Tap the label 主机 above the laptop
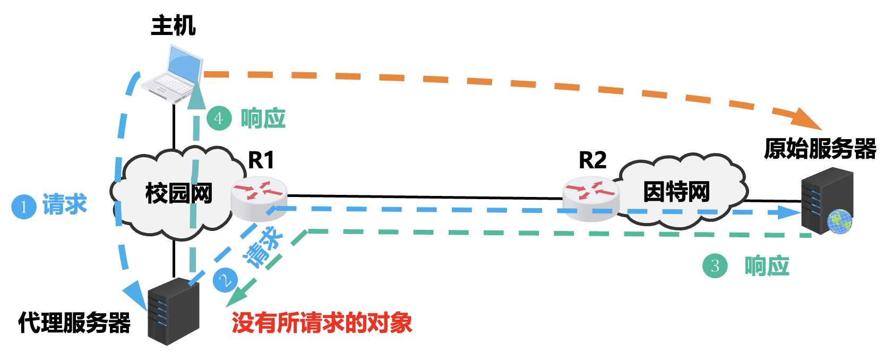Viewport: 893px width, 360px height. pos(173,25)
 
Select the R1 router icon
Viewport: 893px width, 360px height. pos(259,200)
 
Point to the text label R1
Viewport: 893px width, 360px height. pos(261,160)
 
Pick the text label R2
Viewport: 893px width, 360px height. pos(592,160)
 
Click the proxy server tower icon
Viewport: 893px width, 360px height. pos(173,311)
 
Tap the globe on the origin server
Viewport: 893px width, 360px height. pos(839,221)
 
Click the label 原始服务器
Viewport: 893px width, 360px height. pos(820,149)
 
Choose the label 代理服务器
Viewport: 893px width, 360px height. pos(74,322)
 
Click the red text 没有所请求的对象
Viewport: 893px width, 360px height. pos(322,323)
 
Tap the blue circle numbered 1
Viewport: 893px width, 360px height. pos(24,207)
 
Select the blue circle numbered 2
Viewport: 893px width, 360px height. pos(226,280)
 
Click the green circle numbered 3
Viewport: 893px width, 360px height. pos(715,265)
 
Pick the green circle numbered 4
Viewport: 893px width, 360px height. pos(219,118)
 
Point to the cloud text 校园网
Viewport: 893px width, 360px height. pos(178,193)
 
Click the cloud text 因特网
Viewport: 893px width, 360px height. pos(676,192)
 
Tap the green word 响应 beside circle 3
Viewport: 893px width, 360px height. pos(767,265)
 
